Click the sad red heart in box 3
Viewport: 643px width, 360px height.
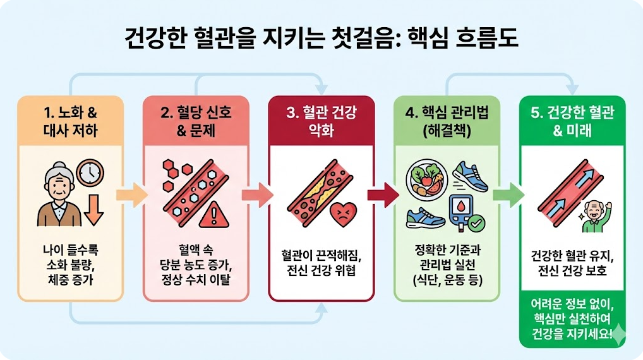coord(343,213)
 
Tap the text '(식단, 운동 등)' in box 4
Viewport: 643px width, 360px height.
coord(446,279)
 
